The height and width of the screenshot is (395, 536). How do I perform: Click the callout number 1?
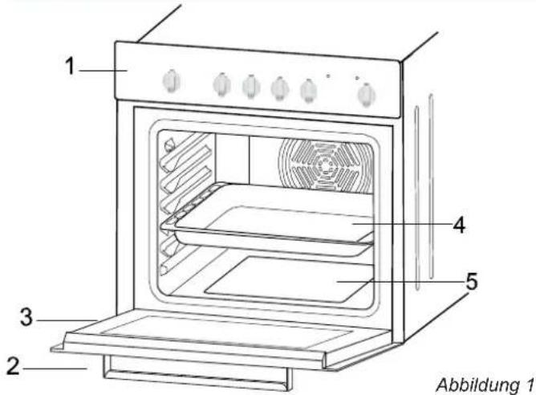[x=70, y=66]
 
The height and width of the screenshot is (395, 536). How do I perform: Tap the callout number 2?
[x=13, y=366]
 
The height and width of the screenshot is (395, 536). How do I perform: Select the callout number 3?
[x=26, y=317]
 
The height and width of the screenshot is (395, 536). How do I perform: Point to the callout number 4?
[x=459, y=226]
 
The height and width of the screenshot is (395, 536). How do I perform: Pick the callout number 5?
[x=471, y=282]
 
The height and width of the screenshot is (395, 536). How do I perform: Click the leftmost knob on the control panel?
[x=171, y=81]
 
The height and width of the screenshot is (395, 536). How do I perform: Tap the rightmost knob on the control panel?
[x=366, y=95]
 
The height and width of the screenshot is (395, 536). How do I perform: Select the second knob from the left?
[x=221, y=84]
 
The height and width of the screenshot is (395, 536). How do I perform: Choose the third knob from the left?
[x=251, y=86]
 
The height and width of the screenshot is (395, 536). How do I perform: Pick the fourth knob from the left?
[x=280, y=88]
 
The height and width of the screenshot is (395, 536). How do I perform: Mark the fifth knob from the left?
[x=308, y=90]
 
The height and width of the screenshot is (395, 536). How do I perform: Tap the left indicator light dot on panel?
[x=328, y=76]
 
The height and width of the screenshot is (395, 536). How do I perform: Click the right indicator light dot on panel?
[x=357, y=78]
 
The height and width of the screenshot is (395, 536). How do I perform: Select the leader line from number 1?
[x=104, y=71]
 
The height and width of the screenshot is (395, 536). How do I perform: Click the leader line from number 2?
[x=55, y=369]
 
